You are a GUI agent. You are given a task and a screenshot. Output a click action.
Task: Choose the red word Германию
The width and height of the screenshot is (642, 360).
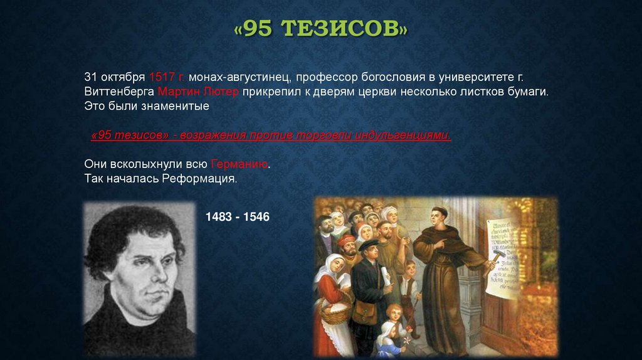[x=240, y=164]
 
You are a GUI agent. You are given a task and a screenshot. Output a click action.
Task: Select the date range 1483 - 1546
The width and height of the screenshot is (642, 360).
[x=238, y=217]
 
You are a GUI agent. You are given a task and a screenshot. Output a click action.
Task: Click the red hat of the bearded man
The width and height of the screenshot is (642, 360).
[x=347, y=240]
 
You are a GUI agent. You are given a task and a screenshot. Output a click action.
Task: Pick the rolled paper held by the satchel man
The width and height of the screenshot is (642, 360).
[x=384, y=277]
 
